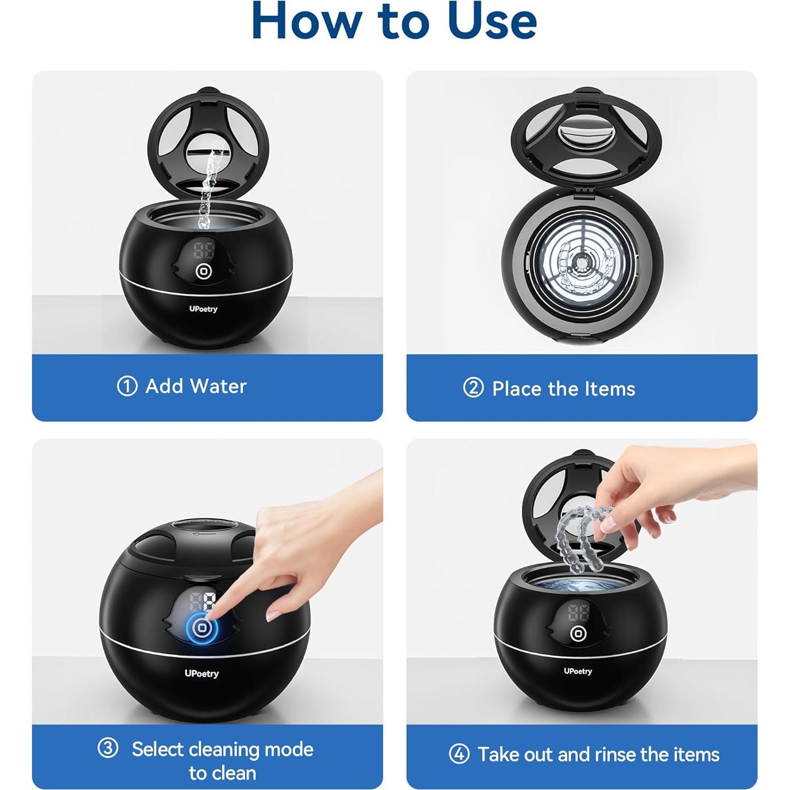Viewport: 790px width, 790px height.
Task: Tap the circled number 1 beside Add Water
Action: pyautogui.click(x=127, y=386)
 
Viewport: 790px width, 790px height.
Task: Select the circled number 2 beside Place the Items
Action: pyautogui.click(x=474, y=388)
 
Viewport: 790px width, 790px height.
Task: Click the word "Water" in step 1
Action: pyautogui.click(x=219, y=386)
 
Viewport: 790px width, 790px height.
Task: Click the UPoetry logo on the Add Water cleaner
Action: pyautogui.click(x=203, y=309)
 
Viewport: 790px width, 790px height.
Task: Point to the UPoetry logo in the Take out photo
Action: pyautogui.click(x=578, y=671)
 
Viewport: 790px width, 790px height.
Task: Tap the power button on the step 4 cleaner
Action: pyautogui.click(x=578, y=633)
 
